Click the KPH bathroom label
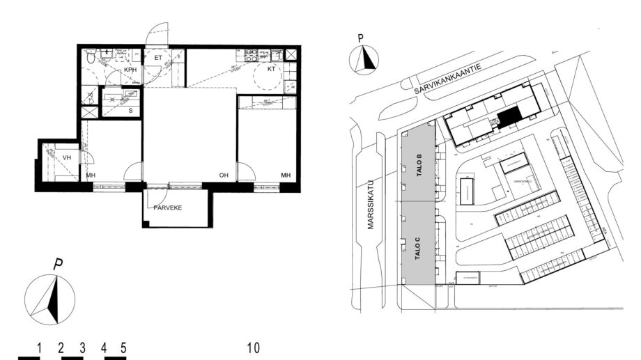pyautogui.click(x=130, y=70)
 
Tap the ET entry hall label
pyautogui.click(x=158, y=57)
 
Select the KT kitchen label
pyautogui.click(x=271, y=70)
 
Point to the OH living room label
pyautogui.click(x=223, y=175)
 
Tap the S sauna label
pyautogui.click(x=130, y=110)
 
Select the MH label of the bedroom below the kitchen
pyautogui.click(x=286, y=175)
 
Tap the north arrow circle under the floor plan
pyautogui.click(x=49, y=298)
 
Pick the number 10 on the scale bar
pyautogui.click(x=253, y=347)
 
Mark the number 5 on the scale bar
pyautogui.click(x=123, y=347)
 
